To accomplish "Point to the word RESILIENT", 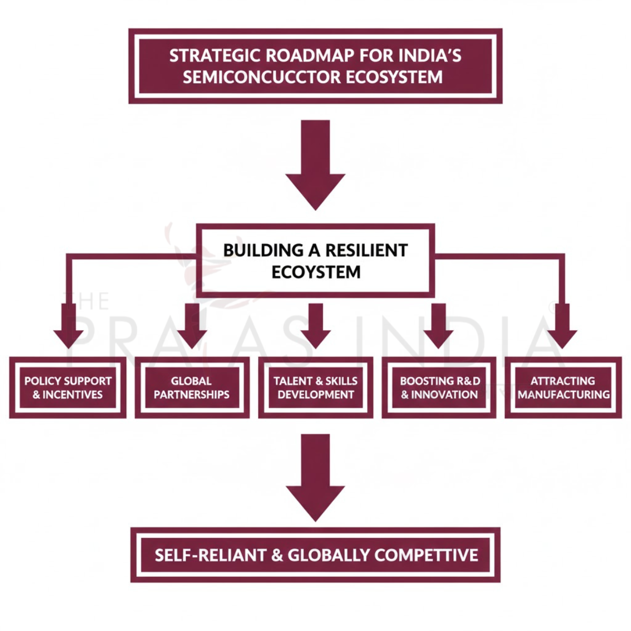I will (366, 250).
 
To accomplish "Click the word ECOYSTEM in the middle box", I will (315, 272).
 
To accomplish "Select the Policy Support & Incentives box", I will (68, 388).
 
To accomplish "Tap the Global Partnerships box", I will (192, 388).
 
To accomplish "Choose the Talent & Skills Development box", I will (315, 388).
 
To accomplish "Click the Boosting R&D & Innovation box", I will (439, 388).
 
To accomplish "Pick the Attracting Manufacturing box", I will (563, 388).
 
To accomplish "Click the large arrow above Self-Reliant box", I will (315, 476).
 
